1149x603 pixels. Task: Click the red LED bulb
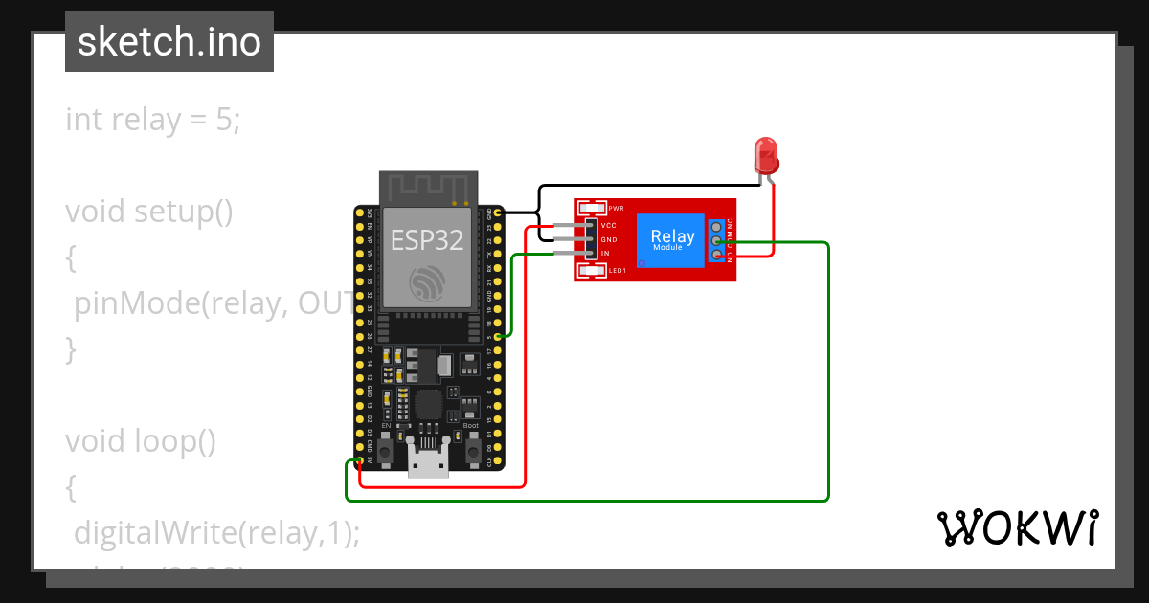(x=765, y=154)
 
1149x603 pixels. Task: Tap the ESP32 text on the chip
(x=427, y=239)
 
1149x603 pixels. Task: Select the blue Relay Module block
(x=672, y=239)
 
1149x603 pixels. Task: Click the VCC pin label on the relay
(x=608, y=225)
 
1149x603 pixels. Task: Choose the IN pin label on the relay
(x=605, y=253)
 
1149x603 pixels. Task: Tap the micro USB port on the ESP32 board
(x=428, y=459)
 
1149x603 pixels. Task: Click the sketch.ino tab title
(x=169, y=42)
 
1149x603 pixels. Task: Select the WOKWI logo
(x=1017, y=527)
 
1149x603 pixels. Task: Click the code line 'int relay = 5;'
(x=153, y=120)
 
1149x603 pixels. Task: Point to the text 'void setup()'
(x=149, y=211)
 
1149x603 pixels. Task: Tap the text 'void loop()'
(x=141, y=441)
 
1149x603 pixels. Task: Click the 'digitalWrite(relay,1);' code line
(x=217, y=532)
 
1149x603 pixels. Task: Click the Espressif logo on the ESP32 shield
(x=427, y=283)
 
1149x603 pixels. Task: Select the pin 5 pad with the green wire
(x=498, y=336)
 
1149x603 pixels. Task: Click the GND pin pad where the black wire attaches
(x=498, y=212)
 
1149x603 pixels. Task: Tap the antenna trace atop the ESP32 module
(x=427, y=188)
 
